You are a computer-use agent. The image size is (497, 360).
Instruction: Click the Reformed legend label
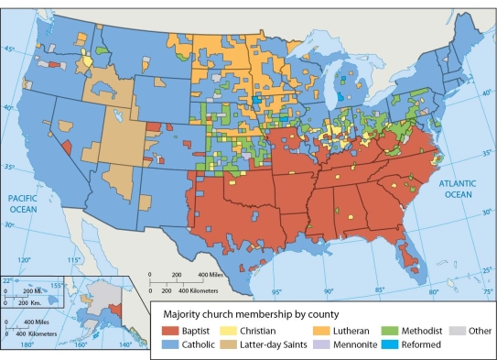coord(422,344)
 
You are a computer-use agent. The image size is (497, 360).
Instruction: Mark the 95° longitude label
coord(276,292)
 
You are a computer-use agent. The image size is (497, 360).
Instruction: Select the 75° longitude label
coord(488,292)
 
